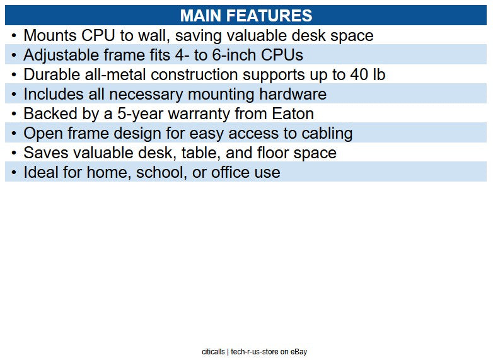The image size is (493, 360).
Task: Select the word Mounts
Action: click(49, 36)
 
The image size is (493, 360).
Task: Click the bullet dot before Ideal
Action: click(14, 173)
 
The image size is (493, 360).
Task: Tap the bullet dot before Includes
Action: click(14, 95)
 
